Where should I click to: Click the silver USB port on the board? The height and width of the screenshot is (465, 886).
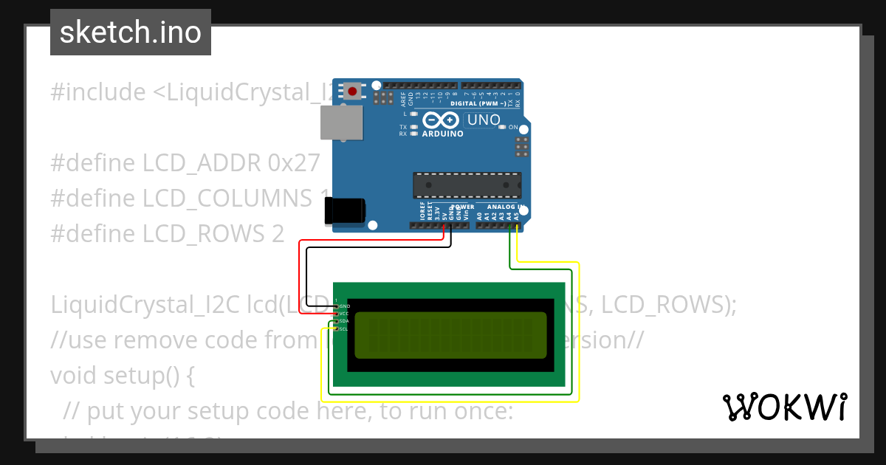[x=342, y=122]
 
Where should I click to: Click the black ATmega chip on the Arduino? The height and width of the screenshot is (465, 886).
[x=467, y=185]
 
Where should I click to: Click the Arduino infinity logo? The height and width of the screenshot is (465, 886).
[x=442, y=120]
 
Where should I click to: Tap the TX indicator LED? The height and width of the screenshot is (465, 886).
[x=414, y=127]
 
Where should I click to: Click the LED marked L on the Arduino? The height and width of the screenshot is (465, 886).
[x=414, y=114]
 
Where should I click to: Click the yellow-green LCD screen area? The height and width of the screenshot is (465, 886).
[x=450, y=334]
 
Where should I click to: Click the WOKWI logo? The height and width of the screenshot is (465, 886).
[x=784, y=407]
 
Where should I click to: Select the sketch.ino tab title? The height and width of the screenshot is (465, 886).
[x=131, y=32]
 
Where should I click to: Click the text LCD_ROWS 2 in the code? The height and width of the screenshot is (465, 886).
[x=213, y=233]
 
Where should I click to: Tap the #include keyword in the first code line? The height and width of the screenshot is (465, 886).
[x=98, y=92]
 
